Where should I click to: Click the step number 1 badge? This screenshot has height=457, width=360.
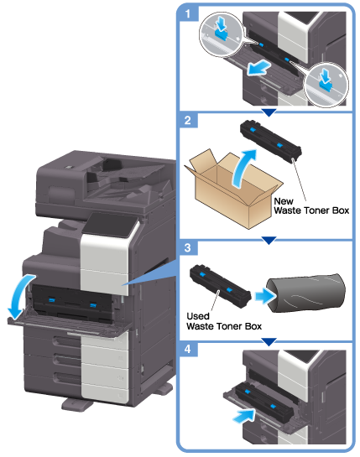pyautogui.click(x=188, y=13)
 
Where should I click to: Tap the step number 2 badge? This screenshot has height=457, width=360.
pyautogui.click(x=188, y=120)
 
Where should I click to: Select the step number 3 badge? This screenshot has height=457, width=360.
pyautogui.click(x=188, y=247)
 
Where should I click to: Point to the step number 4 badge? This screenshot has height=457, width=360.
pyautogui.click(x=188, y=349)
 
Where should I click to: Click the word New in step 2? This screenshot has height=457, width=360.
pyautogui.click(x=284, y=201)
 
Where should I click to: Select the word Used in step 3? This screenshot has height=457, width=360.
pyautogui.click(x=198, y=316)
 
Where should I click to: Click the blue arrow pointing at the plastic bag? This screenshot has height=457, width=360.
pyautogui.click(x=265, y=296)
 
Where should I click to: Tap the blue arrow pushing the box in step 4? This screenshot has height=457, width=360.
pyautogui.click(x=244, y=416)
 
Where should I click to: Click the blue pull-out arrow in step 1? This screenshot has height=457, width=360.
pyautogui.click(x=258, y=67)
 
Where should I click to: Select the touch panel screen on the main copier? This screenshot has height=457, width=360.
pyautogui.click(x=112, y=225)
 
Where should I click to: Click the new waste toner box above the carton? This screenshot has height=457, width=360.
pyautogui.click(x=271, y=141)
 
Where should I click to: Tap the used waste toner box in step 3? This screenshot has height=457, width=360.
pyautogui.click(x=220, y=286)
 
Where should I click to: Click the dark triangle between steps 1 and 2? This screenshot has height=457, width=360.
pyautogui.click(x=269, y=112)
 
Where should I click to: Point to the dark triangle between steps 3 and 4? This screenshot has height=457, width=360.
pyautogui.click(x=269, y=341)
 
